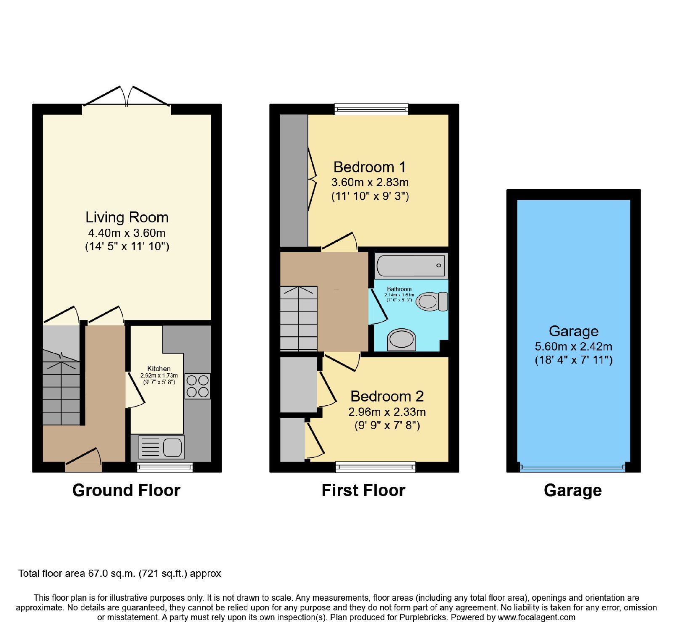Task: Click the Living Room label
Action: pyautogui.click(x=127, y=217)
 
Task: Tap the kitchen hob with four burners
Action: pyautogui.click(x=198, y=386)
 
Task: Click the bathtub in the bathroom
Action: pyautogui.click(x=411, y=266)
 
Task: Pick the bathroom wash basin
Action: pyautogui.click(x=402, y=340)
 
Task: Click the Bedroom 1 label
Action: pyautogui.click(x=370, y=167)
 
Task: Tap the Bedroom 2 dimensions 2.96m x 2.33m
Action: pyautogui.click(x=387, y=412)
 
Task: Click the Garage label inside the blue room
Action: pyautogui.click(x=574, y=331)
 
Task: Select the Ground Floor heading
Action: pyautogui.click(x=126, y=490)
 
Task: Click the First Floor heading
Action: pyautogui.click(x=363, y=490)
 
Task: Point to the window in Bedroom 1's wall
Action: pyautogui.click(x=371, y=109)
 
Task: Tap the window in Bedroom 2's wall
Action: pyautogui.click(x=376, y=467)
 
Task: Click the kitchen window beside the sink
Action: pyautogui.click(x=165, y=467)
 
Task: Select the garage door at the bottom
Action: pyautogui.click(x=572, y=467)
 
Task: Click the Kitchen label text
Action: pyautogui.click(x=159, y=369)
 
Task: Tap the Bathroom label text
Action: pyautogui.click(x=399, y=289)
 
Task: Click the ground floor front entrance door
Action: pyautogui.click(x=84, y=459)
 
